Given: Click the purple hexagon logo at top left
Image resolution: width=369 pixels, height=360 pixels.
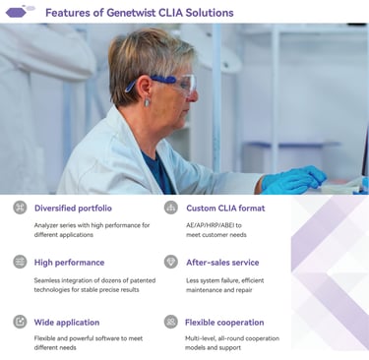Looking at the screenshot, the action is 16,13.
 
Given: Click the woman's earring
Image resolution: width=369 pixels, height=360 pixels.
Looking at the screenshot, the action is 147,102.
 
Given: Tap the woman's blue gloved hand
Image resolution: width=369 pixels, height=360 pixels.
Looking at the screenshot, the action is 293,180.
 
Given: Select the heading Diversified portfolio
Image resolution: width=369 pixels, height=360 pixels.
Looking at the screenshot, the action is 73,209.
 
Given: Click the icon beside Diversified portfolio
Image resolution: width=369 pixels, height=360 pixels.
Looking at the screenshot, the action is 20,208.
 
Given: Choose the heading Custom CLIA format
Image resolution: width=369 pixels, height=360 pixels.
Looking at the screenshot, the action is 225,209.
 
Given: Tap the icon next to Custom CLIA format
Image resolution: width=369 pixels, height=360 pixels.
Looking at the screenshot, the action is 171,208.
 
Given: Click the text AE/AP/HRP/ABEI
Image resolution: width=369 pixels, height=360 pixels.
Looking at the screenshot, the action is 211,225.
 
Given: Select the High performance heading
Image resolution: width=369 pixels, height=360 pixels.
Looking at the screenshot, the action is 69,263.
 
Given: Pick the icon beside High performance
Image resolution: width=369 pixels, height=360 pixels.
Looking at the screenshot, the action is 20,262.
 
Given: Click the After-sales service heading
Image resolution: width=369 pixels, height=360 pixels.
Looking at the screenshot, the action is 222,263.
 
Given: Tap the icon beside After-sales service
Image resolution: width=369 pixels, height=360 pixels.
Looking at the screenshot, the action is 171,262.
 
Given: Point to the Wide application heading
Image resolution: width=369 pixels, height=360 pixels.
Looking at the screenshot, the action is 67,323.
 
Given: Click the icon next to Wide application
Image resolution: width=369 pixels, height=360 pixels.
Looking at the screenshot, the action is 20,322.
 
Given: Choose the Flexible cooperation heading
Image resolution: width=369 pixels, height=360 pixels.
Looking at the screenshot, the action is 224,323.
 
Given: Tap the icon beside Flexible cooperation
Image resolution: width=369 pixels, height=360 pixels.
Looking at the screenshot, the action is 171,322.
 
